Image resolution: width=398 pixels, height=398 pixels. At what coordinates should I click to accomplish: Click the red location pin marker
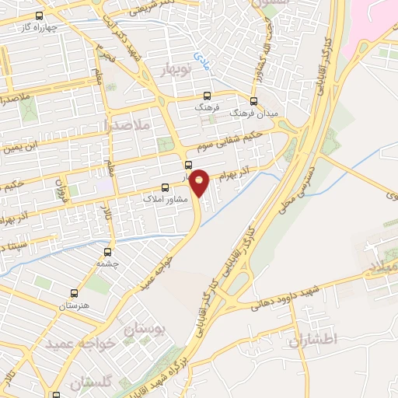point(200,182)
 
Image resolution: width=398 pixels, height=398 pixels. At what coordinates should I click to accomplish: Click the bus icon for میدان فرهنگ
point(253,100)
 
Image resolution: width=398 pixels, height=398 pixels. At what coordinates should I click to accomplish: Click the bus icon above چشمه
point(107,251)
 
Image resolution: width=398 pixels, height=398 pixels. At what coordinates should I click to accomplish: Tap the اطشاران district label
point(316,340)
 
